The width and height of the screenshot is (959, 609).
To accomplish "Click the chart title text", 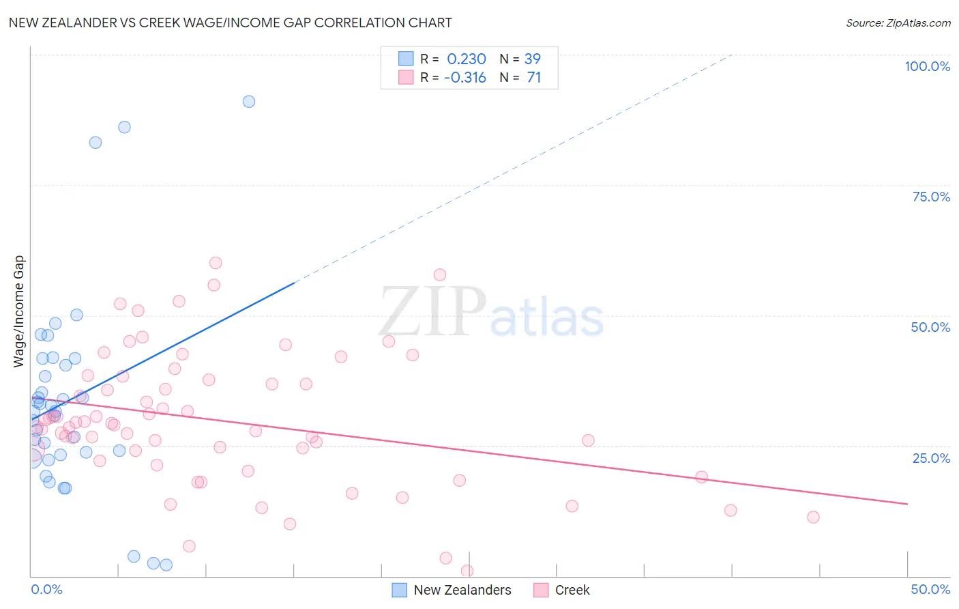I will [230, 23].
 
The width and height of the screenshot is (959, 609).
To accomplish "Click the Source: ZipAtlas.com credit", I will [898, 23].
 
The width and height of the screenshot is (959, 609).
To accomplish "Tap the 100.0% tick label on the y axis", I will [927, 66].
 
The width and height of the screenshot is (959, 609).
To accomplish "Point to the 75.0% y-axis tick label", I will [931, 197].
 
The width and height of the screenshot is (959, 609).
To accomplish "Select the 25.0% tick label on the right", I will [931, 457].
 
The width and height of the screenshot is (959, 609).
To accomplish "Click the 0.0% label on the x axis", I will [46, 589].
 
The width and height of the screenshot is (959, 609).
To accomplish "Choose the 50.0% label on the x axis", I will [930, 589].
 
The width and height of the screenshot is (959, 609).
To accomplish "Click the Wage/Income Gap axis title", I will [19, 311].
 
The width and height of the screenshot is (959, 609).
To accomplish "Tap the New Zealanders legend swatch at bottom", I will [399, 590].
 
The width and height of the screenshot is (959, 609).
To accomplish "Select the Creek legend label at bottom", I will [572, 590].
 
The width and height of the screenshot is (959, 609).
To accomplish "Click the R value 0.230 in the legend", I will [467, 59].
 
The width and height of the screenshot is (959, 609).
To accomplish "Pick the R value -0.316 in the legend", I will [464, 78].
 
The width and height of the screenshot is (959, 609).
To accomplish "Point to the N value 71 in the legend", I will [534, 78].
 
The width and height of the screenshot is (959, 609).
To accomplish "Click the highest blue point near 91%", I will [249, 102].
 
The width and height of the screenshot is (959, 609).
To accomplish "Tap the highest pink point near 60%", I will [216, 263].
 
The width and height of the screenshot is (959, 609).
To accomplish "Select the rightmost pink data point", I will [813, 517].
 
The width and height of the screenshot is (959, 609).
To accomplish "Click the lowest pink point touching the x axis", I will [467, 571].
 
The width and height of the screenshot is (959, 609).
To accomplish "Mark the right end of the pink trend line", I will [907, 504].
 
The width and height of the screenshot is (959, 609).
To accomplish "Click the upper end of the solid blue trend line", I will [293, 283].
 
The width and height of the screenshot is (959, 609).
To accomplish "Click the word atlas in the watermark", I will [547, 318].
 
